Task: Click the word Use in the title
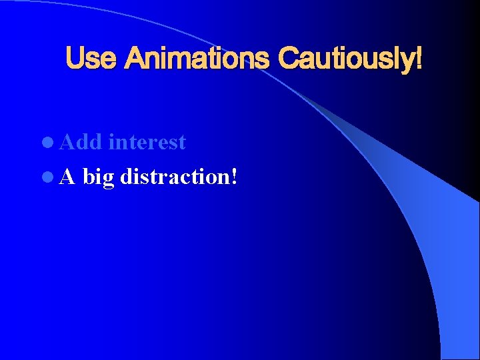92,59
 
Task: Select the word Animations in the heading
197,59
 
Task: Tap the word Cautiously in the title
345,59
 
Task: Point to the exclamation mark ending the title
418,59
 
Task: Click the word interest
147,141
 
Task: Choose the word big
99,178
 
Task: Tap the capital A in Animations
134,59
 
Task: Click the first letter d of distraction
126,177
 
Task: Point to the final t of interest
181,142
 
